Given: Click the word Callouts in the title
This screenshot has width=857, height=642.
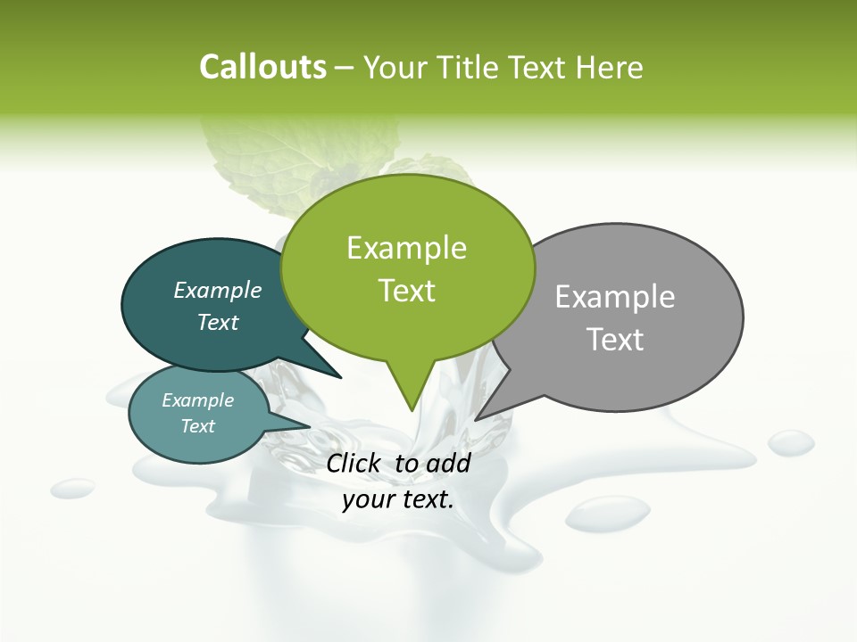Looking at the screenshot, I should point(262,67).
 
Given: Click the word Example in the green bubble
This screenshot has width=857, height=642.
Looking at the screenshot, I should point(406,248).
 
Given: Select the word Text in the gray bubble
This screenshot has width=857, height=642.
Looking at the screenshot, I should point(615,340).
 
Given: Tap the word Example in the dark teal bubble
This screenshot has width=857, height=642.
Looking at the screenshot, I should point(218,290).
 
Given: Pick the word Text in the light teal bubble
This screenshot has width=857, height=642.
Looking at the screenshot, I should point(198,426).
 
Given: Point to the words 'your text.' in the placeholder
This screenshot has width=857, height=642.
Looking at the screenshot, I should point(398,500).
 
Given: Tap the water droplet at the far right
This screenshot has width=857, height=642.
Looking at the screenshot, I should point(791,441).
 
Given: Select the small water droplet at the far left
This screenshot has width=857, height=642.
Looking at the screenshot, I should point(72,488).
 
